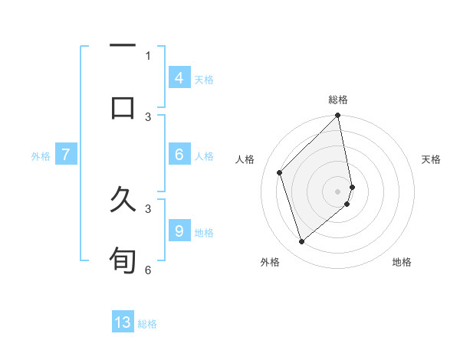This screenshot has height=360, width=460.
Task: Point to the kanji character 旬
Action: [x=123, y=260]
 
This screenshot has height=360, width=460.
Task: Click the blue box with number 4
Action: [x=179, y=77]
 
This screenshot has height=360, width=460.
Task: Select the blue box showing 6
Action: [x=179, y=155]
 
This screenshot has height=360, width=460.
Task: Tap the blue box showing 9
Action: [x=179, y=231]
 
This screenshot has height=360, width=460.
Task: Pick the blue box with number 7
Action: [x=66, y=155]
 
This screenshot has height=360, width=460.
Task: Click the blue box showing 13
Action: [x=123, y=322]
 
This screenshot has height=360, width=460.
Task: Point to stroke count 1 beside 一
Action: [x=148, y=56]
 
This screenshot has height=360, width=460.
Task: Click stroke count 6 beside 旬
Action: [x=148, y=270]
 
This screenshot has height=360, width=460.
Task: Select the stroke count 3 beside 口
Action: [x=148, y=116]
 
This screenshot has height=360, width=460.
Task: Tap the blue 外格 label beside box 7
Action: [x=41, y=155]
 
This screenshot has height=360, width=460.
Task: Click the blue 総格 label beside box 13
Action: [x=147, y=323]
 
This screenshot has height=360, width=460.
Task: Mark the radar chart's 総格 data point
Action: [x=338, y=116]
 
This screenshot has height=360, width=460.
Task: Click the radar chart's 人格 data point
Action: [x=280, y=172]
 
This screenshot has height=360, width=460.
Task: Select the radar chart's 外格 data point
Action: [x=301, y=241]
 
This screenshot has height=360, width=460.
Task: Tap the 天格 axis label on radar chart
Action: [x=432, y=159]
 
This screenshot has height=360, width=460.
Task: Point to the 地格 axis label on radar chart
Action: [x=402, y=262]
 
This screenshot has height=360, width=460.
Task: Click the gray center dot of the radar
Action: [x=338, y=191]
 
